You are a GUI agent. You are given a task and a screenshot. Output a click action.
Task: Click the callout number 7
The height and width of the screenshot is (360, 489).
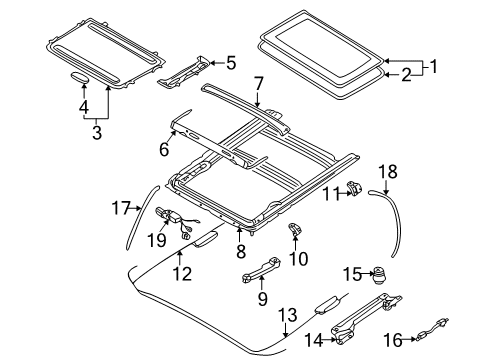tap(258, 84)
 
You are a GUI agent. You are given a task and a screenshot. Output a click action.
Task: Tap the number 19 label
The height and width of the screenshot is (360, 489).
tap(157, 240)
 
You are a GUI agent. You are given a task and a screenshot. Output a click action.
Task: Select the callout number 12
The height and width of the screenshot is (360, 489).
tap(182, 274)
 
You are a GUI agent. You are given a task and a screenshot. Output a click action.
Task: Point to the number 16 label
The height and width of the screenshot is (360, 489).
tap(393, 340)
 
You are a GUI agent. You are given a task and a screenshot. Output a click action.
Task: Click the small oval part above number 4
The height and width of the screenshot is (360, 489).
tap(79, 78)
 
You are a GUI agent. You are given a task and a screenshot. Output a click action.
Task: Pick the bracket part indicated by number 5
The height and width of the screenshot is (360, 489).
tap(184, 73)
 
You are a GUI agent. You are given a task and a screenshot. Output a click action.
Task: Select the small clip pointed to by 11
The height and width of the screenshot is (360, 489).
tap(354, 189)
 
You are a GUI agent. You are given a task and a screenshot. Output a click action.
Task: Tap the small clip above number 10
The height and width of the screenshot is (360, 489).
tap(294, 229)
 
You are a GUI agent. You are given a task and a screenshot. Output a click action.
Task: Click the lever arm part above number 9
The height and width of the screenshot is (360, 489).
tap(261, 270)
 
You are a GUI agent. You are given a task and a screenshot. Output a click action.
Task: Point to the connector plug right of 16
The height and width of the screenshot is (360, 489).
tap(432, 329)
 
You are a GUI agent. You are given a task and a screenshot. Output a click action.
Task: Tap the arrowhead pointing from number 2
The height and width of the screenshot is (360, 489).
tap(387, 75)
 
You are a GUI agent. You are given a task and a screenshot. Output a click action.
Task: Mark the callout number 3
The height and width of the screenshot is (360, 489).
tap(96, 133)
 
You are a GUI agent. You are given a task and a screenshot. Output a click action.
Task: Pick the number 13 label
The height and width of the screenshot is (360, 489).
tap(287, 315)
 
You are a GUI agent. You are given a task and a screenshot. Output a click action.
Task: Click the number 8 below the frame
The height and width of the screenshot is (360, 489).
tap(241, 251)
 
